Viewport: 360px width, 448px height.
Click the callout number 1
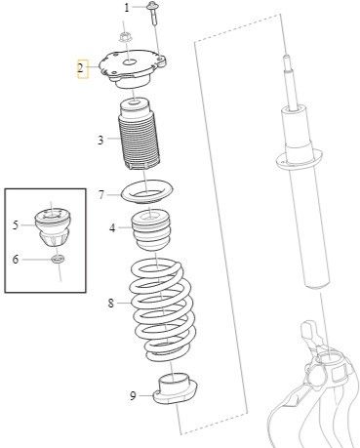point(127,8)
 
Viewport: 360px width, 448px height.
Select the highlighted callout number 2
point(81,68)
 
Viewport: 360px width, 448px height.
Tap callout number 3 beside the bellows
point(100,140)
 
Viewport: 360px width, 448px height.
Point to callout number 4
point(112,227)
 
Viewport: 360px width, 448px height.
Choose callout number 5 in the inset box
point(16,224)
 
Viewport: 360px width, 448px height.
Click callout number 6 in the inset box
point(16,260)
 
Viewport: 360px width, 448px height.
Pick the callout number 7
point(101,195)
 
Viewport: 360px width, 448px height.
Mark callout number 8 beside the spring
point(111,304)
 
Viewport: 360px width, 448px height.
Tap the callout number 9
point(133,396)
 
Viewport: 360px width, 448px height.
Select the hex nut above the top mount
point(124,37)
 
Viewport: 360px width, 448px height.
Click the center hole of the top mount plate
point(129,61)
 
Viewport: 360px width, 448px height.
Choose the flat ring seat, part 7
point(147,192)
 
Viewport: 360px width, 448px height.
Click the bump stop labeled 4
point(151,229)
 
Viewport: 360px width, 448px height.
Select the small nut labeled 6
point(58,260)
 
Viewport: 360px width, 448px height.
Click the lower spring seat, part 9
point(175,388)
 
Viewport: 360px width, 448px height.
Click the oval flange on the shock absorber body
point(299,159)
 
